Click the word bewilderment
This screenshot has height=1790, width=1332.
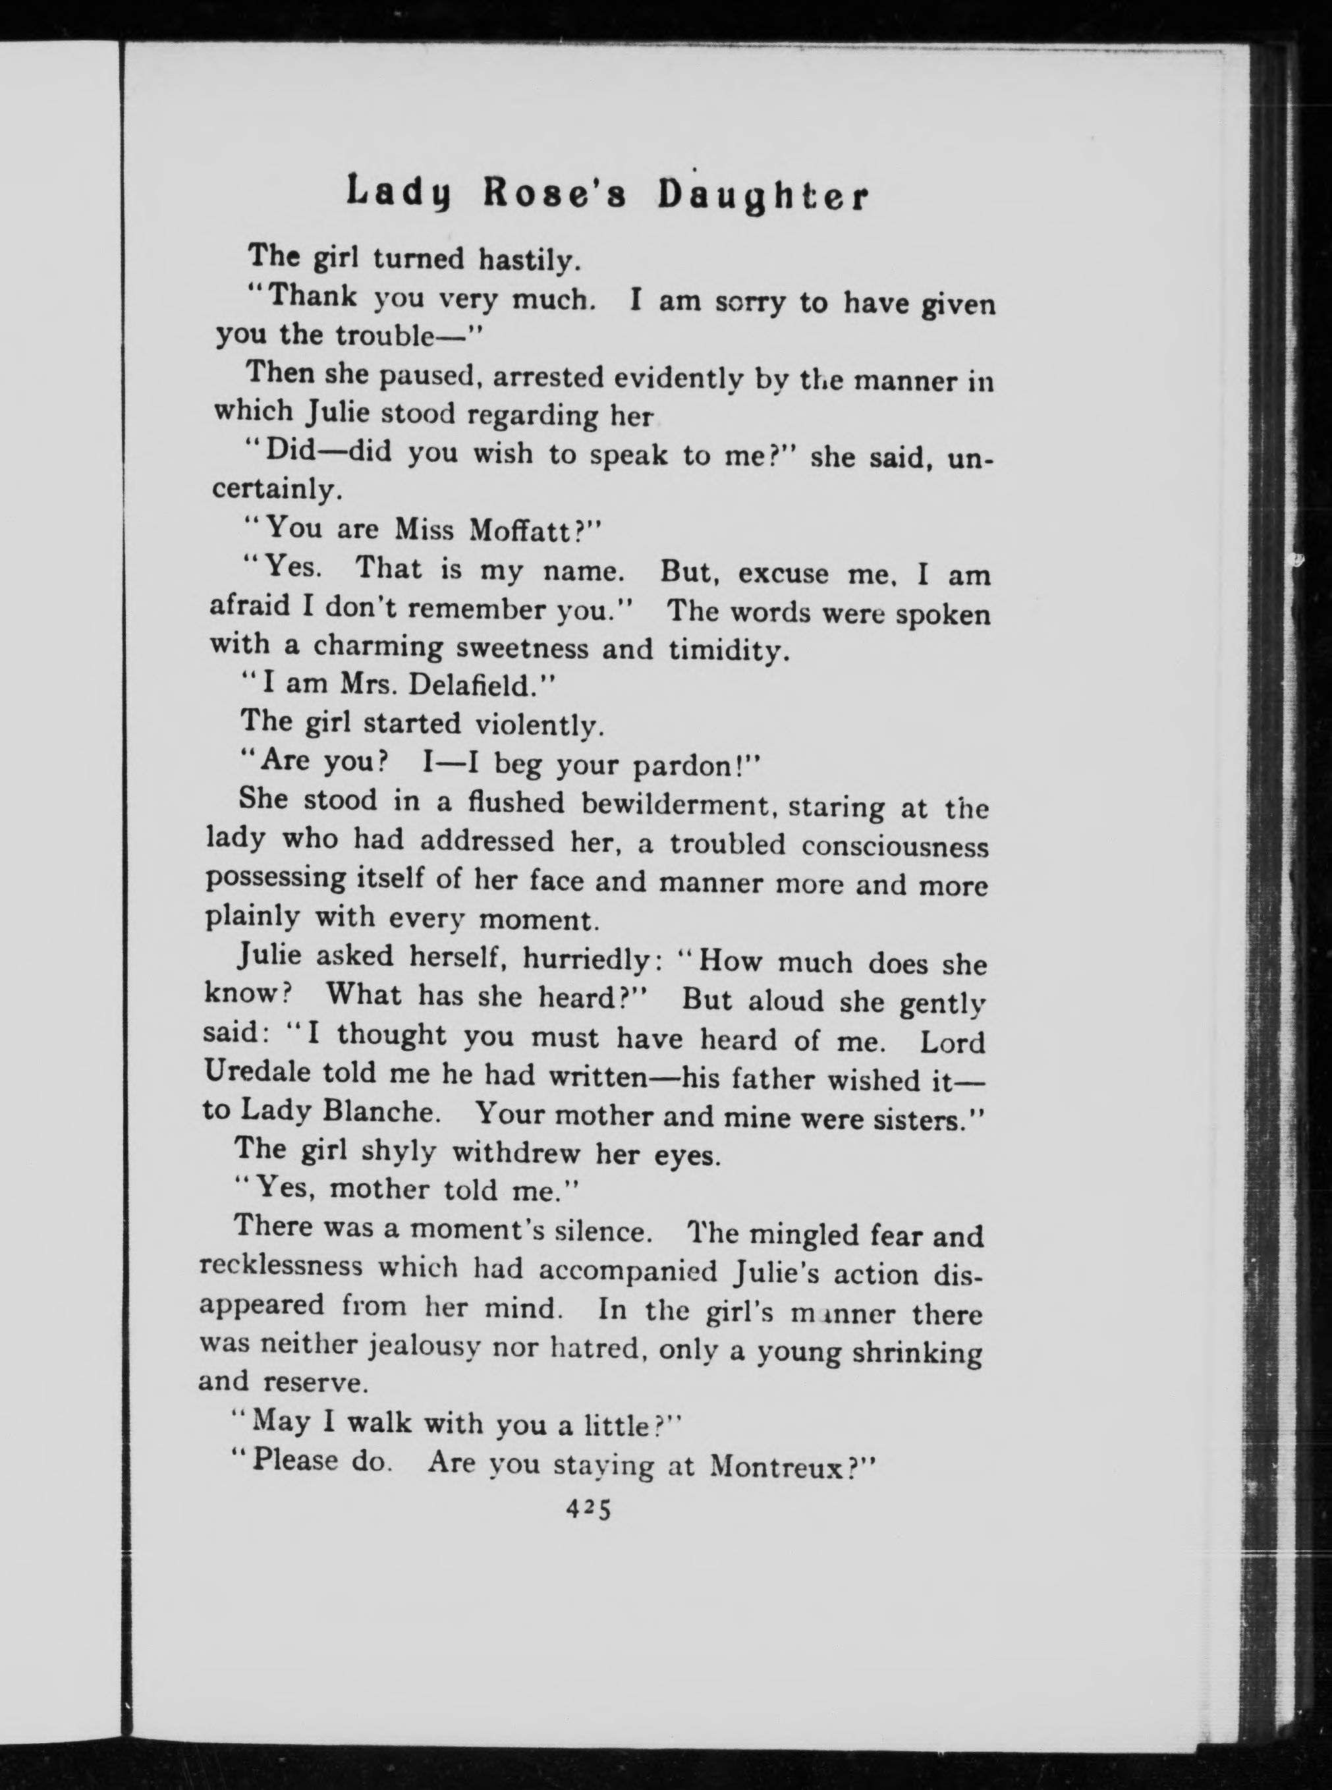[673, 804]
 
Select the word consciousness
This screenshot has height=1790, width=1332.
[894, 846]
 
